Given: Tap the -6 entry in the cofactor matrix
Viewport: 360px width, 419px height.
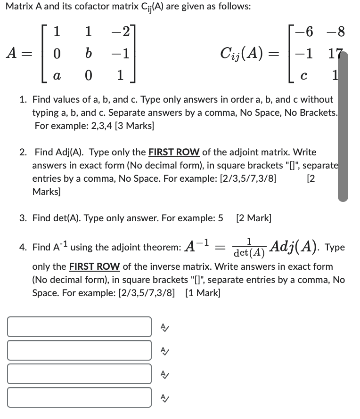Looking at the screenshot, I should [x=307, y=32].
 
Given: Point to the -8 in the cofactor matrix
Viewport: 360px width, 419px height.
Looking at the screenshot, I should [x=336, y=32].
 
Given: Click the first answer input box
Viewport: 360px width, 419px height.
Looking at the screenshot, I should [x=79, y=327].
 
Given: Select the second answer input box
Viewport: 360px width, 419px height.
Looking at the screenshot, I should [x=79, y=350].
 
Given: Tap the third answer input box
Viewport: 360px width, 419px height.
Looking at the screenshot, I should [x=79, y=374].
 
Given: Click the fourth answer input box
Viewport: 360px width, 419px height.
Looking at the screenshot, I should [x=79, y=397].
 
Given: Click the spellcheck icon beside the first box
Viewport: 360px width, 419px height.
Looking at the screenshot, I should [x=164, y=327].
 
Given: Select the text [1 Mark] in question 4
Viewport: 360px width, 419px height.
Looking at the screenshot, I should [x=203, y=292].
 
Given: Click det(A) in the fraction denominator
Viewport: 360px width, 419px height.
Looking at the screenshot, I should [x=249, y=253].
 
